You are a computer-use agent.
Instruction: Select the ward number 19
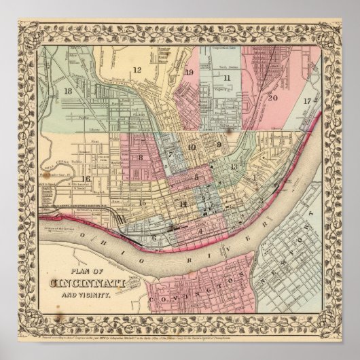tap(189, 72)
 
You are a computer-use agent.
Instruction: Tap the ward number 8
tap(141, 158)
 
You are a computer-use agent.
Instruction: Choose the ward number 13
tap(234, 166)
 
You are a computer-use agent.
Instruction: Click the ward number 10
tap(192, 147)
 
